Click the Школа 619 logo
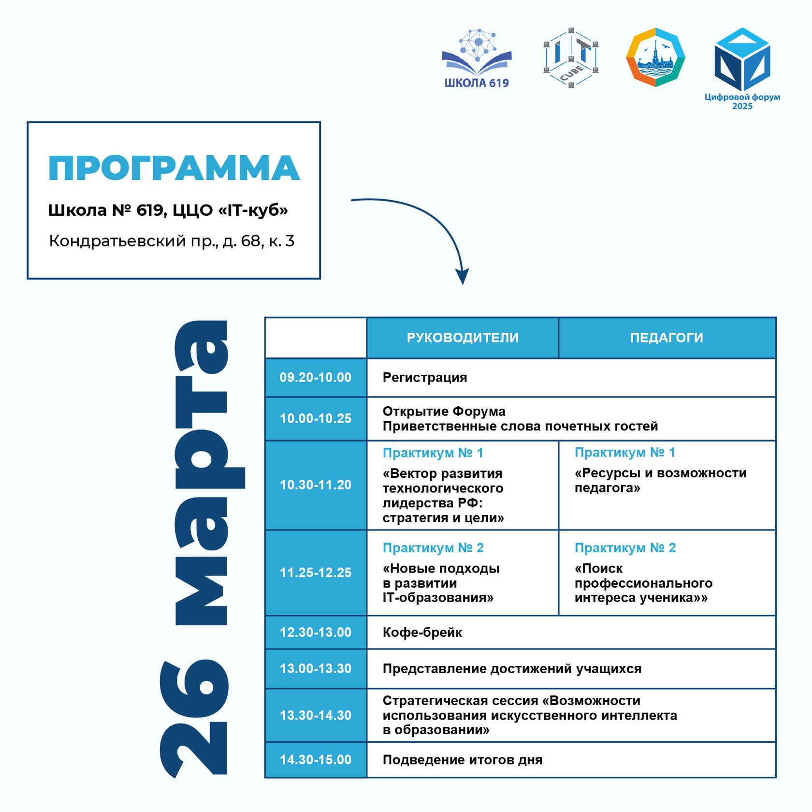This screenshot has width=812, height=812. click(477, 59)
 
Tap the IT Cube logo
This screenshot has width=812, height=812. click(571, 58)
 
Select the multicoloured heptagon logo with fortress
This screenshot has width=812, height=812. click(655, 57)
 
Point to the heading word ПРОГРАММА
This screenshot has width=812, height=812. click(174, 168)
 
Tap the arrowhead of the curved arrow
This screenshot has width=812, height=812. click(463, 277)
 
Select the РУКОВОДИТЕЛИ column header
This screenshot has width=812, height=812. click(463, 338)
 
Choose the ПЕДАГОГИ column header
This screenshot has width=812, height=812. click(667, 338)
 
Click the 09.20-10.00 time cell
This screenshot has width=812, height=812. click(316, 378)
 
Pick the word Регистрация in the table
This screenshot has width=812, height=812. click(425, 378)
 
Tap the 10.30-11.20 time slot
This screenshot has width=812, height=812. click(316, 485)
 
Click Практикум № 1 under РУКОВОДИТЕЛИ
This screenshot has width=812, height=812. click(433, 453)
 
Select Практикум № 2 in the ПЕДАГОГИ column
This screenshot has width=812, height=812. click(625, 548)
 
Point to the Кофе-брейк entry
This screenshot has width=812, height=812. click(422, 633)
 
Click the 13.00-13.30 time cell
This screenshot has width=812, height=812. click(316, 669)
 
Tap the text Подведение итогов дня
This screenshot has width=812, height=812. click(463, 760)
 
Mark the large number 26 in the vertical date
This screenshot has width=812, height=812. click(193, 718)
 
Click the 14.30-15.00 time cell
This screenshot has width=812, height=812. click(316, 760)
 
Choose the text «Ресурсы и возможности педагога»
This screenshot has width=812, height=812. click(660, 480)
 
